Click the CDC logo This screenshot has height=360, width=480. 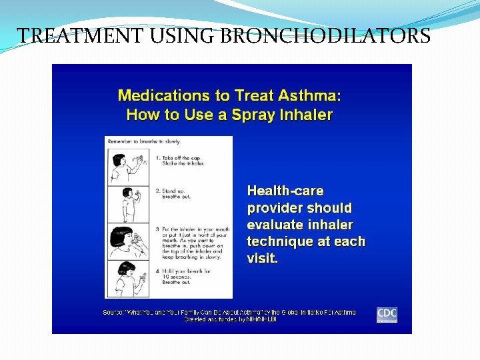click(387, 314)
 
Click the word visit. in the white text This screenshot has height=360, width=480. click(263, 258)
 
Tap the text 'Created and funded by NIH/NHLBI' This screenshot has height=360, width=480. click(230, 319)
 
